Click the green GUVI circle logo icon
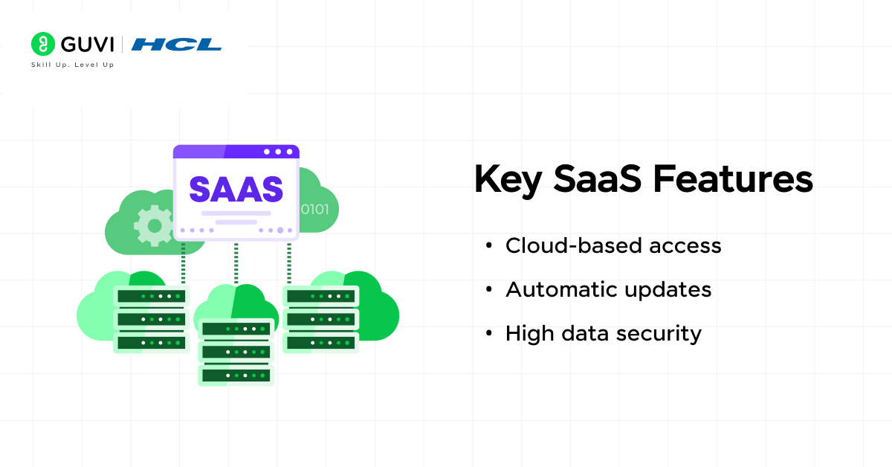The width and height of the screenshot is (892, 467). pyautogui.click(x=43, y=44)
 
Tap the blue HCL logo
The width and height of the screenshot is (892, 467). pyautogui.click(x=176, y=45)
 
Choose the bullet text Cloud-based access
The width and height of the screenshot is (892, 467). pyautogui.click(x=613, y=245)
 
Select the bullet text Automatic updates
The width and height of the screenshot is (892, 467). pyautogui.click(x=608, y=289)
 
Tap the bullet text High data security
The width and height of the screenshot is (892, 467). pyautogui.click(x=603, y=334)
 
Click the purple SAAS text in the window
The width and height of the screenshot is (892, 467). pyautogui.click(x=236, y=189)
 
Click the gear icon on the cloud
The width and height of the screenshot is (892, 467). pyautogui.click(x=153, y=226)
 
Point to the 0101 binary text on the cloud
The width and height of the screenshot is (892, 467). pyautogui.click(x=314, y=209)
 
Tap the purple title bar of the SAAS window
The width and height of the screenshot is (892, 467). pyautogui.click(x=236, y=152)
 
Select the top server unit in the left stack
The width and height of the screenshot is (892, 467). pyautogui.click(x=152, y=296)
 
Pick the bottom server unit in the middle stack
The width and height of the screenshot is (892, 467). pyautogui.click(x=236, y=375)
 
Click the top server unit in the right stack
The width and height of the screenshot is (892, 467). pyautogui.click(x=320, y=296)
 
